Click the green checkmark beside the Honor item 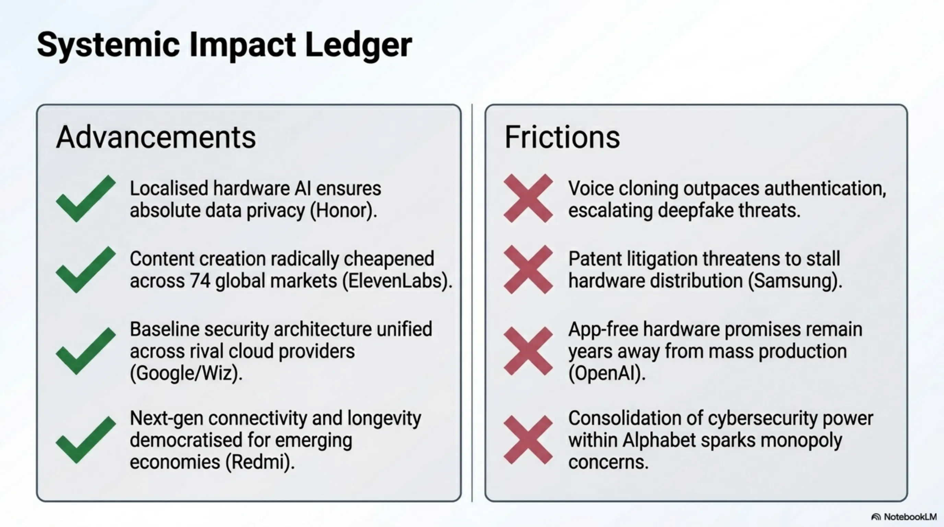coord(86,198)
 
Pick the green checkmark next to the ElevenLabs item coord(86,269)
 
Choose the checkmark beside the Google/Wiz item coord(86,351)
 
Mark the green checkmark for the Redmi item coord(86,440)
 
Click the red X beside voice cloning coord(528,198)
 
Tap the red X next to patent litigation coord(528,269)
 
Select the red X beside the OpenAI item coord(528,351)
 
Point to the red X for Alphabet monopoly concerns coord(528,440)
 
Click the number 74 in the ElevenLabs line coord(200,281)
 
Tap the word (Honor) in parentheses coord(343,211)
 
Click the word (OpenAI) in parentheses coord(607,373)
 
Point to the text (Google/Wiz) coord(186,373)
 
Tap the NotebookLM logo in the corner coord(904,517)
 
